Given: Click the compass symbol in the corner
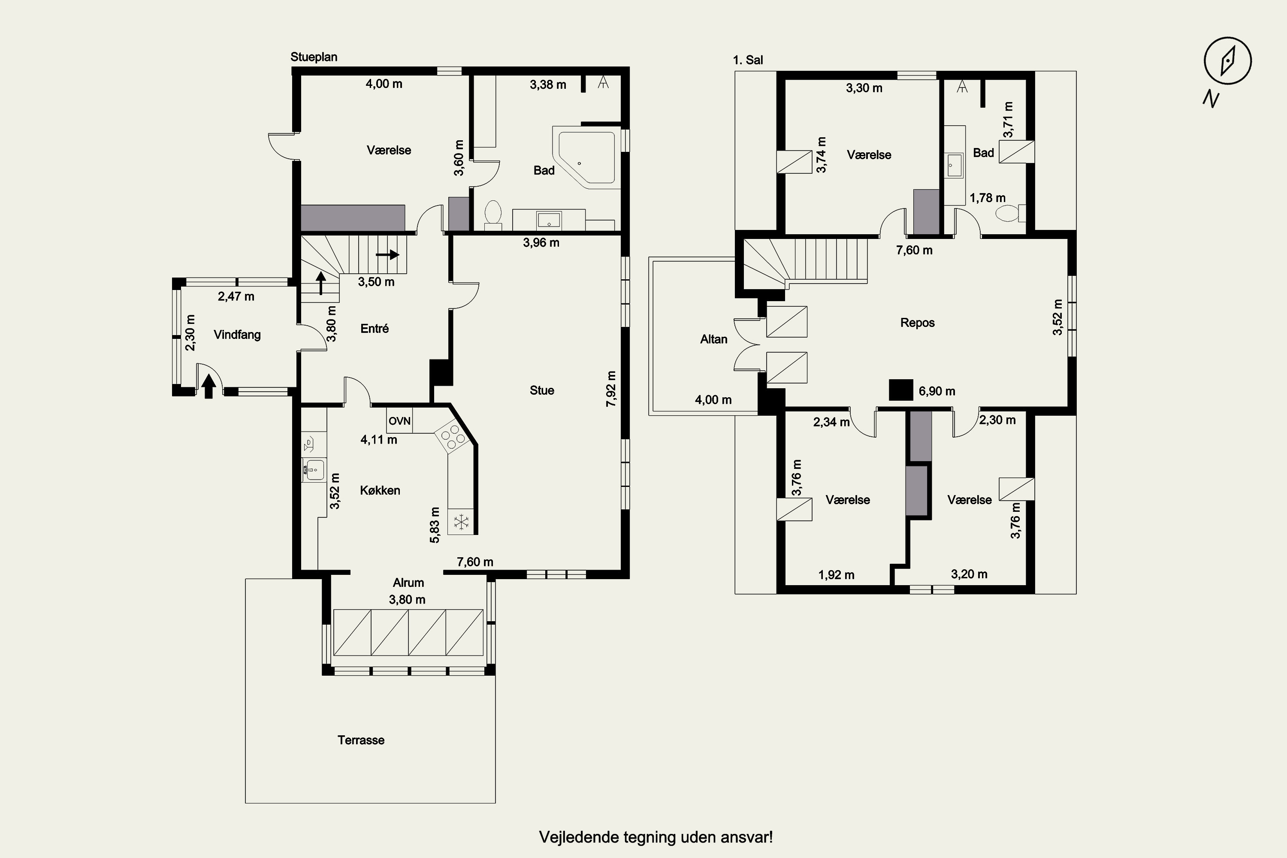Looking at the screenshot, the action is [1227, 61].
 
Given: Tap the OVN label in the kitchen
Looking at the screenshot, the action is [399, 421].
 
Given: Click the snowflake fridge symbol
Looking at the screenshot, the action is [461, 522].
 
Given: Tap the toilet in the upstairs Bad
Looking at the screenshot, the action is [1009, 213].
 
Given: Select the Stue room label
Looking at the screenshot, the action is [542, 390].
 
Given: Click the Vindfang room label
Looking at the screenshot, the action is [237, 334].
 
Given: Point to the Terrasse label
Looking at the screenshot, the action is [361, 740].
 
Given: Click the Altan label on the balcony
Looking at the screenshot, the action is [713, 339].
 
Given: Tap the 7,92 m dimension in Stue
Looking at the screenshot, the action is [611, 389].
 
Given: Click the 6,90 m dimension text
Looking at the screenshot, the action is [937, 391].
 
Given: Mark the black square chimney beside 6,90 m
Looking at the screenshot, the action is [900, 390].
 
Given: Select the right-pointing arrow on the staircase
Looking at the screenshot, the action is [388, 254].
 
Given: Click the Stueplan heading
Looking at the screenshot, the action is [314, 57].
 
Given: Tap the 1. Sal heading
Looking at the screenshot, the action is [748, 60].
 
